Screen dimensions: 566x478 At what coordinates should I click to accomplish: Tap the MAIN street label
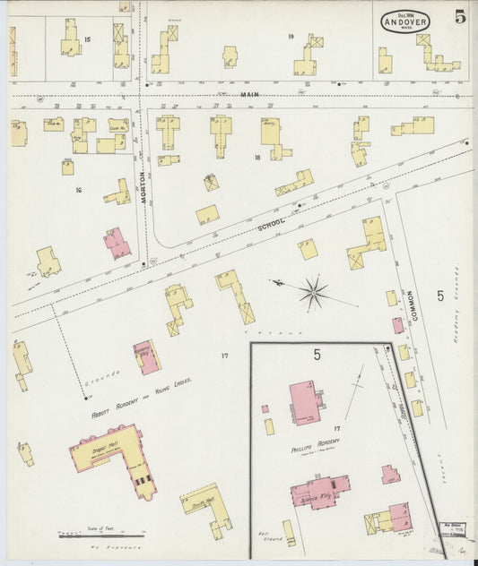[248, 94]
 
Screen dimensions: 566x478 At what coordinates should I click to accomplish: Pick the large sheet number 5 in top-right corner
[459, 17]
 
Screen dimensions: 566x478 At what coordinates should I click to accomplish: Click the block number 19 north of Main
[291, 36]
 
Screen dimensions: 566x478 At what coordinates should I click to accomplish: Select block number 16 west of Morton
[79, 190]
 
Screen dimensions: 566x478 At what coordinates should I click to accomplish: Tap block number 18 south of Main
[256, 157]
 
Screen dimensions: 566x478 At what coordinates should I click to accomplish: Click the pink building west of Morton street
[117, 242]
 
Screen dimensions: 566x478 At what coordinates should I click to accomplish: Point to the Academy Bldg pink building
[146, 356]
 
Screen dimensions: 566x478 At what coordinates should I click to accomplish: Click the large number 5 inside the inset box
[317, 355]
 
